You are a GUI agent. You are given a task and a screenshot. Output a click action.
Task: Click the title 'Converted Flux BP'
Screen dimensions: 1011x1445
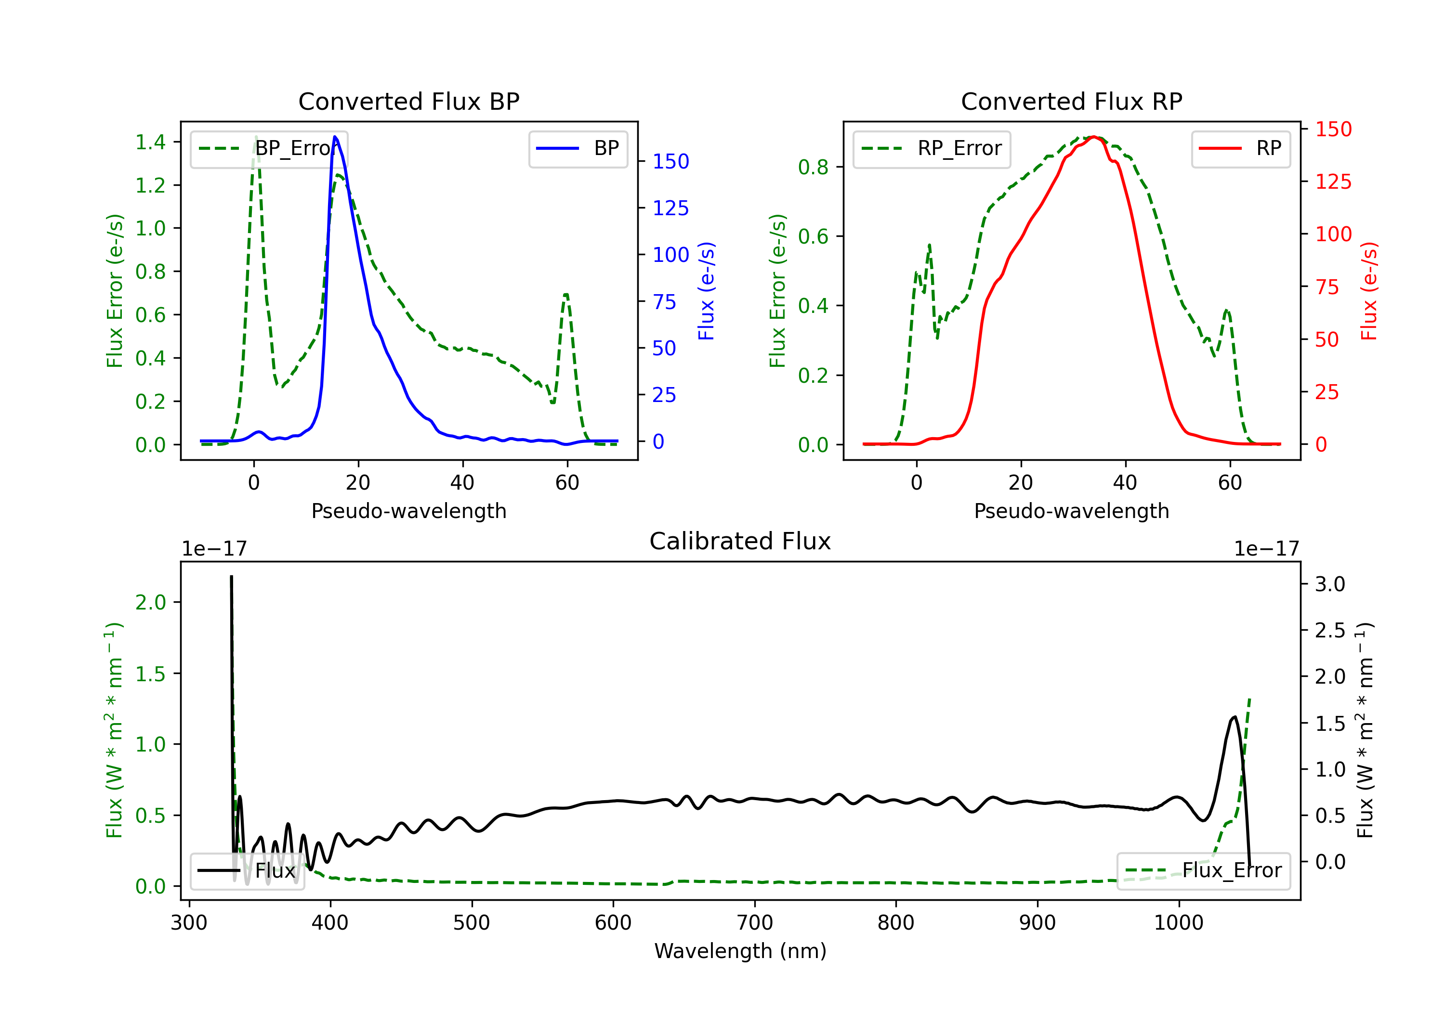coord(408,101)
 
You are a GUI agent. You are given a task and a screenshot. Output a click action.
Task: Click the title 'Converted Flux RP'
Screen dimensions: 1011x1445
coord(1071,101)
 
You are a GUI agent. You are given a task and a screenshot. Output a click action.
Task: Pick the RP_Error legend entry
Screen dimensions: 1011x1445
coord(932,148)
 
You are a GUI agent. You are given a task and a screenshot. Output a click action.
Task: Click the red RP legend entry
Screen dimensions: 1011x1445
coord(1240,148)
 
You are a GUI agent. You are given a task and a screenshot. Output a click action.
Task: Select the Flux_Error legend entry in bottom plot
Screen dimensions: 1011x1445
coord(1203,871)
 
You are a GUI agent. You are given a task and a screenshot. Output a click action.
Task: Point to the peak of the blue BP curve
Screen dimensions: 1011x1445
coord(335,137)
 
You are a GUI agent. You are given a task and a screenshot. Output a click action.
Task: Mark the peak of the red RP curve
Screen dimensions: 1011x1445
coord(1094,137)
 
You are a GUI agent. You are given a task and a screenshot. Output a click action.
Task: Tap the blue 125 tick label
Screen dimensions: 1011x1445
coord(670,208)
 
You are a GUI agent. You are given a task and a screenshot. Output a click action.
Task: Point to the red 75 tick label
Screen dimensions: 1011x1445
coord(1327,287)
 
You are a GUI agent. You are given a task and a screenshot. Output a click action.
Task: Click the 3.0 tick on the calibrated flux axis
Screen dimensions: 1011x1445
coord(1330,584)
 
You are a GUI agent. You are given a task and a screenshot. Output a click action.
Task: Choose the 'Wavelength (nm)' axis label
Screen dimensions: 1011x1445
coord(740,951)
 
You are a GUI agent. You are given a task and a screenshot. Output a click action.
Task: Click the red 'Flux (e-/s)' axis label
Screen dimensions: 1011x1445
coord(1369,291)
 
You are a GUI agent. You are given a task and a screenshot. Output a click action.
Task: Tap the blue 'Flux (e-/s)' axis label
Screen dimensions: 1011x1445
coord(706,291)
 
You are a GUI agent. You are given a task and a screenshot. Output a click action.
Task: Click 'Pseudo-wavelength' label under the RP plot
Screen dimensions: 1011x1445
coord(1071,511)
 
